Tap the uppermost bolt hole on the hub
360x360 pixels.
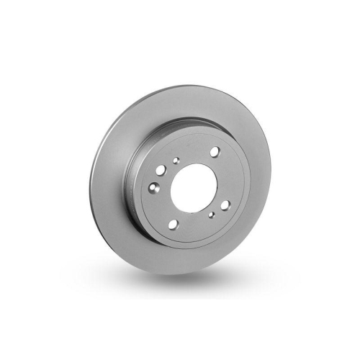click(x=215, y=151)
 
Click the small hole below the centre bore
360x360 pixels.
click(x=210, y=214)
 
